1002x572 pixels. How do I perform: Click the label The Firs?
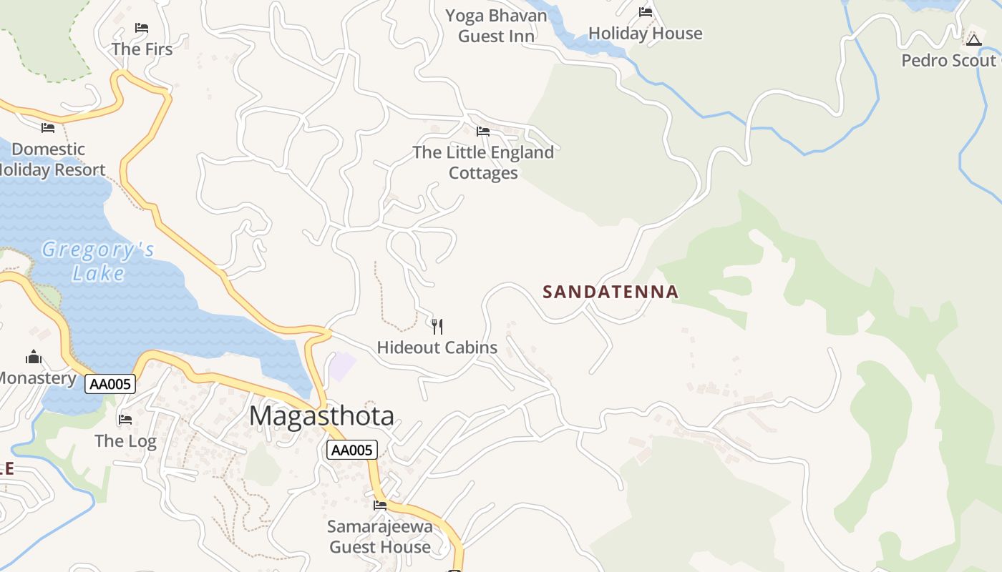tap(142, 49)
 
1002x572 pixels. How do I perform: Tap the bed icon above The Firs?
tap(142, 28)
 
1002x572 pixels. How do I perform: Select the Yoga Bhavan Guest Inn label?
tap(496, 26)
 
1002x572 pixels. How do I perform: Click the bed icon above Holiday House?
tap(646, 12)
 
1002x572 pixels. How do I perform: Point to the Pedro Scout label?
tap(949, 60)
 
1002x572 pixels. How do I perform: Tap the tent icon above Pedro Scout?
tap(973, 39)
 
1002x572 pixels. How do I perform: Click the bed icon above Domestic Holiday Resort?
tap(48, 128)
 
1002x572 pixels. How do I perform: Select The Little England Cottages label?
tap(483, 162)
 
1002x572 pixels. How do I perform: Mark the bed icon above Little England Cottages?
tap(483, 132)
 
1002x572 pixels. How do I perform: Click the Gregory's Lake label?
tap(98, 261)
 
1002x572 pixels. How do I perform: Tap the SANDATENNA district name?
tap(611, 292)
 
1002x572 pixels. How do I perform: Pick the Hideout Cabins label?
tap(437, 347)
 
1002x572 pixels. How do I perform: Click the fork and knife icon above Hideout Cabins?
tap(437, 327)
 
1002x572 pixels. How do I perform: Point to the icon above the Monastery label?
tap(34, 357)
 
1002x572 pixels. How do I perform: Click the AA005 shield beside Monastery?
tap(110, 384)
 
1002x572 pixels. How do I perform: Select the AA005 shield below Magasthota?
tap(351, 450)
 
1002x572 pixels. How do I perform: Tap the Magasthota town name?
tap(321, 415)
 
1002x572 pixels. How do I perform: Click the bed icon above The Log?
tap(126, 419)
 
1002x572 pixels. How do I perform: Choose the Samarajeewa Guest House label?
tap(380, 537)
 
